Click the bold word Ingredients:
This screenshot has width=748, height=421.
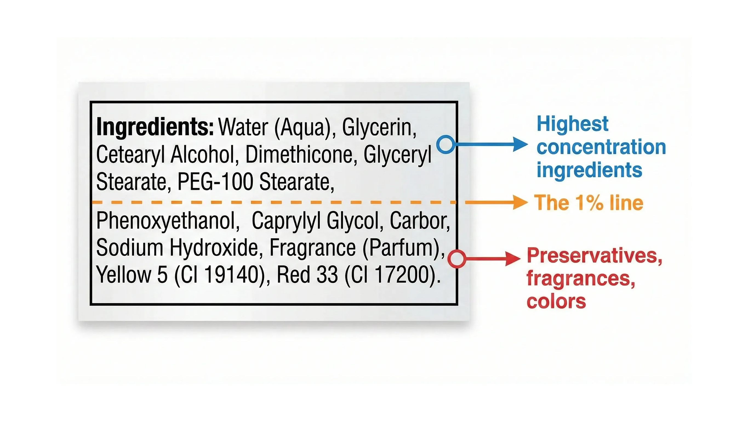[155, 127]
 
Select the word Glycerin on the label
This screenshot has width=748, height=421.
[379, 128]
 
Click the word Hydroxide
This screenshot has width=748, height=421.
[216, 248]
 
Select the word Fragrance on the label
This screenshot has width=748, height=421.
[313, 248]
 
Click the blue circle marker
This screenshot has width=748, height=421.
[446, 144]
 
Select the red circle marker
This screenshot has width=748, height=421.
[457, 258]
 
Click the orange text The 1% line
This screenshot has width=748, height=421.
[589, 203]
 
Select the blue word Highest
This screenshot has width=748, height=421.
[572, 124]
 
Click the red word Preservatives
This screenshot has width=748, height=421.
[595, 256]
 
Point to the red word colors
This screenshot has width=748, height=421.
[556, 301]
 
